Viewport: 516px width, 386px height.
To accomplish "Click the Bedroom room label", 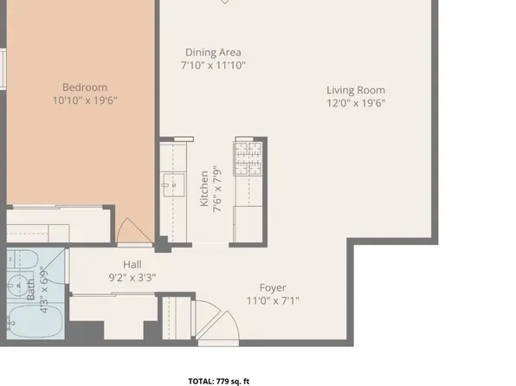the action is pos(85,87).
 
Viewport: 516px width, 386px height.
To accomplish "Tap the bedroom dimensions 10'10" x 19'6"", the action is pos(85,100).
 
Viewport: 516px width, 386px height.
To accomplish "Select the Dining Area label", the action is pos(213,52).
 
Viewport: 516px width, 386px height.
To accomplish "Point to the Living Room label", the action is pos(356,90).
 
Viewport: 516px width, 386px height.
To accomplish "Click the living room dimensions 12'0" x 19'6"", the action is pos(356,103).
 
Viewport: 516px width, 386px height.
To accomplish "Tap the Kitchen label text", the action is pos(204,189).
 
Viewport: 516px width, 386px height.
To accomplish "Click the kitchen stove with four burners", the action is pos(248,158).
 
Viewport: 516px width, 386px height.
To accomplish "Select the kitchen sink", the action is pos(174,185).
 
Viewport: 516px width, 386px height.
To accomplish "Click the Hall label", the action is pos(132,264).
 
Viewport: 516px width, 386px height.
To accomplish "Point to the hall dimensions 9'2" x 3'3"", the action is pos(132,278).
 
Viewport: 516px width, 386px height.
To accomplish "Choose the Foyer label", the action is pos(273,287).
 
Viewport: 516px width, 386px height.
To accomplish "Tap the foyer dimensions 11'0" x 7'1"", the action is pos(273,300).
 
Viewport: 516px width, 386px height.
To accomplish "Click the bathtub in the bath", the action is pos(35,321).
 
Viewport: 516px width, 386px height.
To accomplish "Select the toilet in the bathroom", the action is pos(23,259).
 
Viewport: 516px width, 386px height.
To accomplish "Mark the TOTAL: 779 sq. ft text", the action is pos(219,382).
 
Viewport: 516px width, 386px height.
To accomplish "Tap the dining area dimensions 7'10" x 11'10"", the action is pos(213,65).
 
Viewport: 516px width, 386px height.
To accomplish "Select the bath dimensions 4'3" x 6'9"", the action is pos(44,290).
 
